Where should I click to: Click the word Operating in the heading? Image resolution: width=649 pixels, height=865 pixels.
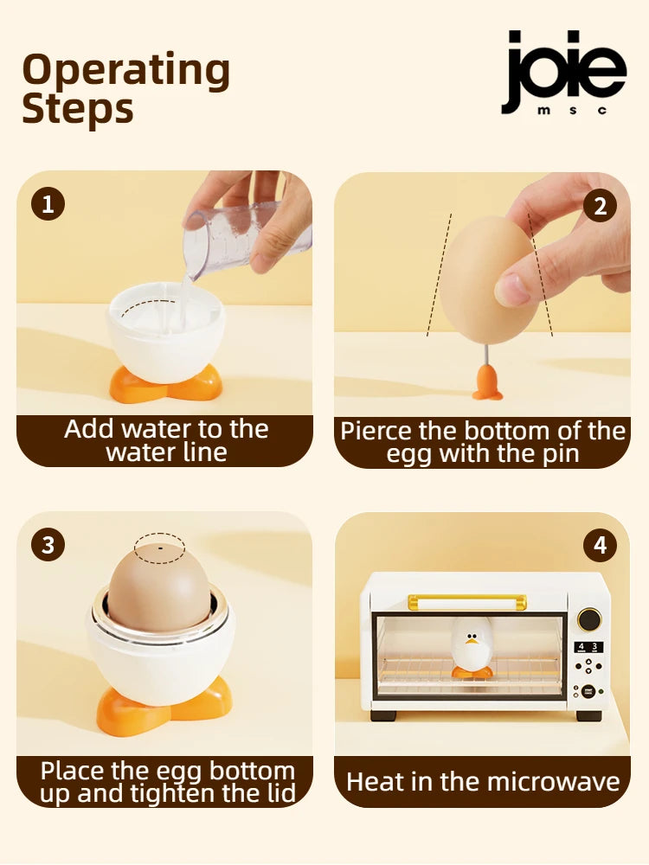125,71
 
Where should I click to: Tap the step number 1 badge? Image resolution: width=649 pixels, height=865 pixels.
48,204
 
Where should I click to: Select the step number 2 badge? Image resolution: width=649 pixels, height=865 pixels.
600,205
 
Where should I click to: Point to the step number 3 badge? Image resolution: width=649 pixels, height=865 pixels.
48,545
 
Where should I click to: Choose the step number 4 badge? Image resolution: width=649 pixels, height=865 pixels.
600,545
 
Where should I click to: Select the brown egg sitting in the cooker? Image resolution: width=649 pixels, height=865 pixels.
158,588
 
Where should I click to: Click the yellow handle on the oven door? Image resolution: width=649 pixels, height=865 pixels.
467,599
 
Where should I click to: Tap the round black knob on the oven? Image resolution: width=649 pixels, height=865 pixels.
589,619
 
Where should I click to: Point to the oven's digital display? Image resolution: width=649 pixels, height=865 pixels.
588,647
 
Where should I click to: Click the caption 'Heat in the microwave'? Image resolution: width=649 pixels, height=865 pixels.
483,782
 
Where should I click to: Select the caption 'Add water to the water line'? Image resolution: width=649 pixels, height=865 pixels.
165,440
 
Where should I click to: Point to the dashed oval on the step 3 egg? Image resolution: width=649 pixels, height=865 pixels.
159,548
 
